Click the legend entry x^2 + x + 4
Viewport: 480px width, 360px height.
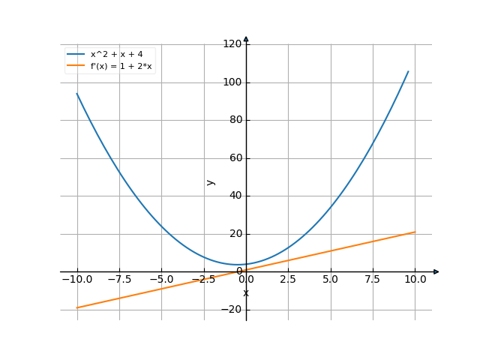[116, 54]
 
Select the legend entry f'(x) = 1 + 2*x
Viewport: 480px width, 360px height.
[121, 66]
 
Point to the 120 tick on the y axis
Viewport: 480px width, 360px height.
[232, 44]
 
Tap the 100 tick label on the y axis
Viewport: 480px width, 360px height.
[232, 82]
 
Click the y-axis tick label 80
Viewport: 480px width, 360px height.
[234, 120]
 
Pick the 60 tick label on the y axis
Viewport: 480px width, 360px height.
[234, 158]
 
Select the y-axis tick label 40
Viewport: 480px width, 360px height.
[234, 196]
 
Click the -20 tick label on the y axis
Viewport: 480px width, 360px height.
[232, 310]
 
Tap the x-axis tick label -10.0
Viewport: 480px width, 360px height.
[76, 279]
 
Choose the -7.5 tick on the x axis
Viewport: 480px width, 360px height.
[119, 279]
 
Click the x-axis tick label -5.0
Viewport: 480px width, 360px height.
[161, 279]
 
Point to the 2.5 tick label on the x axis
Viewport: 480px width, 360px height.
[289, 279]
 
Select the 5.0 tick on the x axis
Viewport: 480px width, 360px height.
[331, 279]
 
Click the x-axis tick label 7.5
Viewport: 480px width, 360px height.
[373, 279]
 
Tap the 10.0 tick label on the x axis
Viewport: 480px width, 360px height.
[415, 279]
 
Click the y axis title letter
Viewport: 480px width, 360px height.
[211, 181]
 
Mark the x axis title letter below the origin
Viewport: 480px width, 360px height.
[246, 292]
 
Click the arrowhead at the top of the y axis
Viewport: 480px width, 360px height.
[246, 38]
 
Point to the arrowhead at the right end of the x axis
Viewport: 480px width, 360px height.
[436, 271]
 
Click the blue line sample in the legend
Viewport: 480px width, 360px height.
[76, 54]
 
